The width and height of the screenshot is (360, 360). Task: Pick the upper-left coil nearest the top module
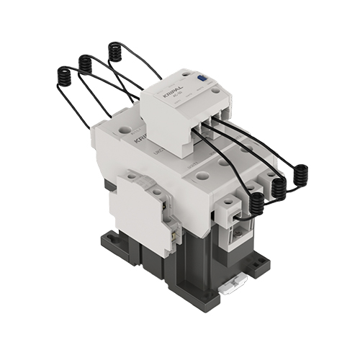click(114, 52)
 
